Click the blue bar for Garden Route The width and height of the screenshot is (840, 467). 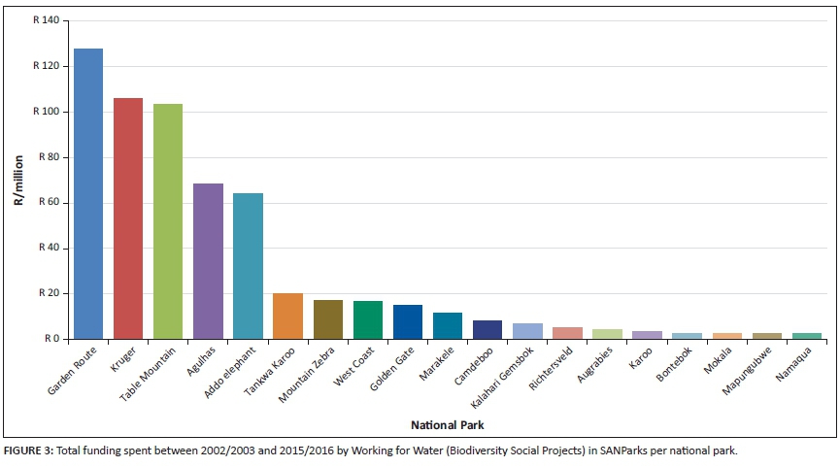[88, 194]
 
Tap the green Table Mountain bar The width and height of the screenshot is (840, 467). [168, 221]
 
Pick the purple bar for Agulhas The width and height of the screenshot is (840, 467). [208, 261]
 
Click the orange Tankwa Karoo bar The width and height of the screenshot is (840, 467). [287, 317]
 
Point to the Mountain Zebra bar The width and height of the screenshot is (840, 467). [327, 319]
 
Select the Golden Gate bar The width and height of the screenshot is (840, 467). [408, 322]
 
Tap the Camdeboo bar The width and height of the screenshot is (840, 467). [487, 329]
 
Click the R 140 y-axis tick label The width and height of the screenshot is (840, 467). [46, 20]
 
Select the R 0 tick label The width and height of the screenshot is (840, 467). [52, 339]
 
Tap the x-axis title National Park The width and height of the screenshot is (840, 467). [448, 425]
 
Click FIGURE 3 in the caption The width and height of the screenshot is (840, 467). [30, 450]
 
